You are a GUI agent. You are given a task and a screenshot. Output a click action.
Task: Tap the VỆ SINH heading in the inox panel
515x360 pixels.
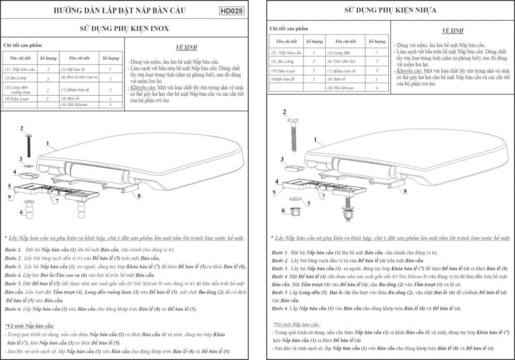[x=185, y=49]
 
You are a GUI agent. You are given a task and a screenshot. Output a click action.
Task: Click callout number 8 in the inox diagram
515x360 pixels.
[x=139, y=195]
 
